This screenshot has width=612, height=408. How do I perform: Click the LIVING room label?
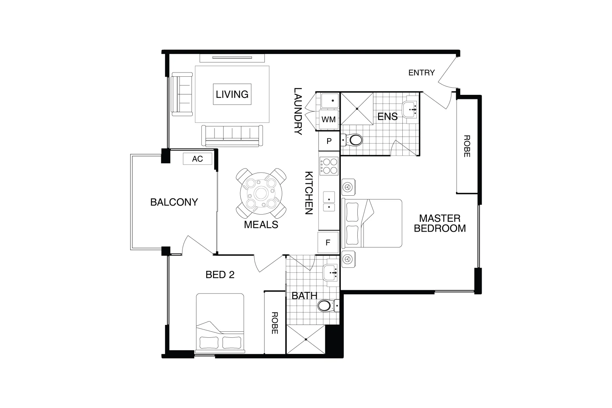[x=232, y=94]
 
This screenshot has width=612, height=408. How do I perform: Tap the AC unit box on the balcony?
[x=197, y=159]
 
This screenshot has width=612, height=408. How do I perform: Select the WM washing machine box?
[x=328, y=119]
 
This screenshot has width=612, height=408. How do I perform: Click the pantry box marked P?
[x=329, y=141]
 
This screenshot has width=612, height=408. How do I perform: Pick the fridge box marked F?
[x=328, y=243]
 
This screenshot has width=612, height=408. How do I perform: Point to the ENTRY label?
[x=421, y=73]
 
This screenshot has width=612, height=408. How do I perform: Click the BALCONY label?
[x=174, y=202]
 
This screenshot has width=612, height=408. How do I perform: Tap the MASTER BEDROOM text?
[x=440, y=223]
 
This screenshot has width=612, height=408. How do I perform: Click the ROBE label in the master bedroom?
[x=467, y=146]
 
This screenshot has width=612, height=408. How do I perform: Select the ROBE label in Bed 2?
[x=275, y=323]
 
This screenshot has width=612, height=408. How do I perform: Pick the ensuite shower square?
[x=357, y=108]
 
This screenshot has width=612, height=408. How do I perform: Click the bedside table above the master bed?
[x=348, y=187]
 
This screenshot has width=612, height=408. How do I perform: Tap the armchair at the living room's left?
[x=182, y=94]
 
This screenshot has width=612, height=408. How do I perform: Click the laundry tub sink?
[x=329, y=101]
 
